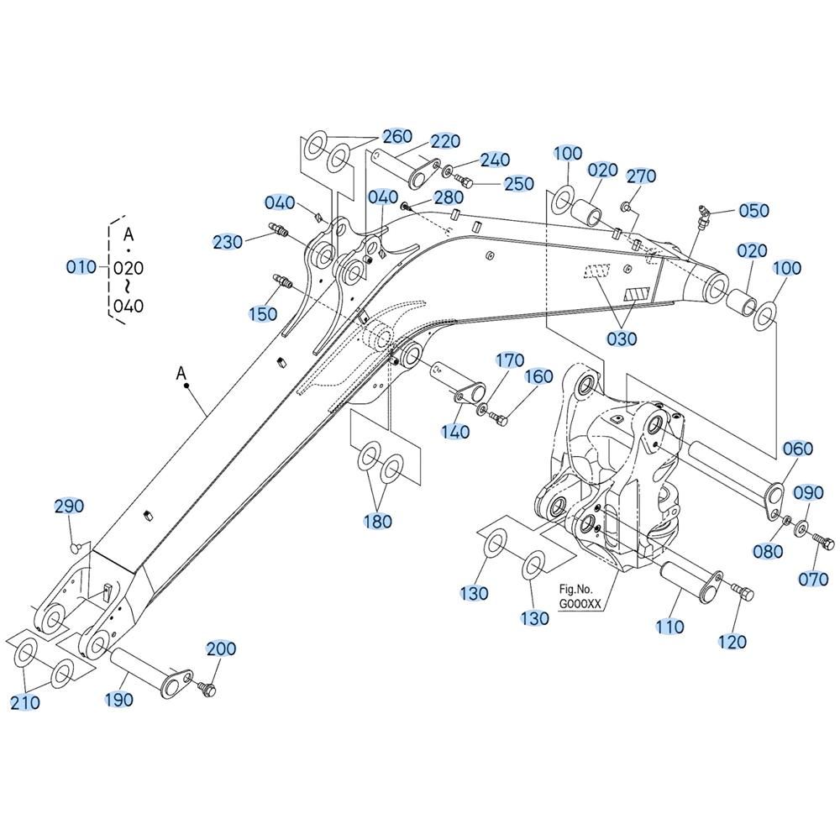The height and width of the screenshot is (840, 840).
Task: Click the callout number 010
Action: [x=81, y=266]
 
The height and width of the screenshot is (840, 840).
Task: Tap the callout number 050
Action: [x=753, y=211]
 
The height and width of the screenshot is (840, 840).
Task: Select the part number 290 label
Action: [x=69, y=506]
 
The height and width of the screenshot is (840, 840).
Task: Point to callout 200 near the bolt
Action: [x=221, y=648]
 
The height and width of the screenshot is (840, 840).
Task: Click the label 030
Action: [x=622, y=339]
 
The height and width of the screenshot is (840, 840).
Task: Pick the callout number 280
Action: [x=449, y=197]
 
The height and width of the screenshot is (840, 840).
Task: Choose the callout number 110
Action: [x=669, y=627]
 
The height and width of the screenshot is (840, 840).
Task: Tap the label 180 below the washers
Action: [x=378, y=521]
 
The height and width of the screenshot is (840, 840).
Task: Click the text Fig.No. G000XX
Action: [x=580, y=596]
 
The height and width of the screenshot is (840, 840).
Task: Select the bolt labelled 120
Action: [x=744, y=592]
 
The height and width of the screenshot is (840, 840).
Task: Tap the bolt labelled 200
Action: [x=207, y=689]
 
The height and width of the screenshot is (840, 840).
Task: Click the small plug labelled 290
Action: [x=76, y=547]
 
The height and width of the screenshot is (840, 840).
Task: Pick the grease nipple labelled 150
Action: [x=282, y=281]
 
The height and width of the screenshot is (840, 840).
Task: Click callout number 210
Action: [x=25, y=702]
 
